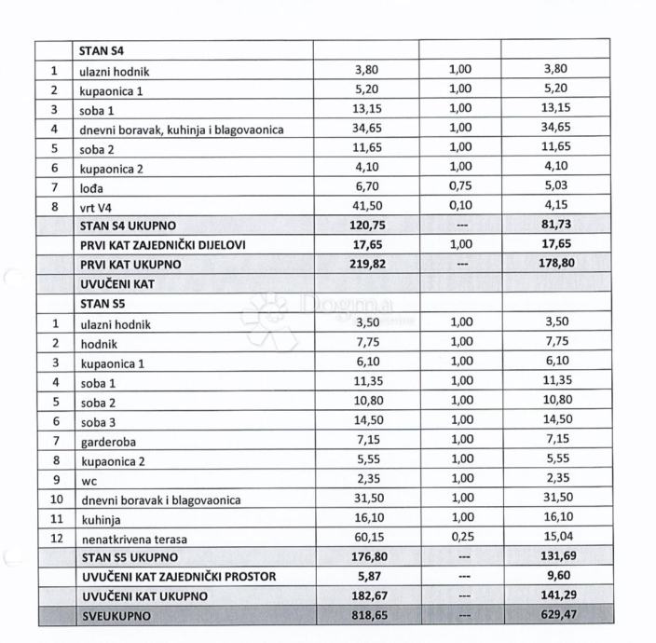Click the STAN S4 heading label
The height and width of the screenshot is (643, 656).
tap(102, 50)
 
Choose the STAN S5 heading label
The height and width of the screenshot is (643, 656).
tap(102, 303)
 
